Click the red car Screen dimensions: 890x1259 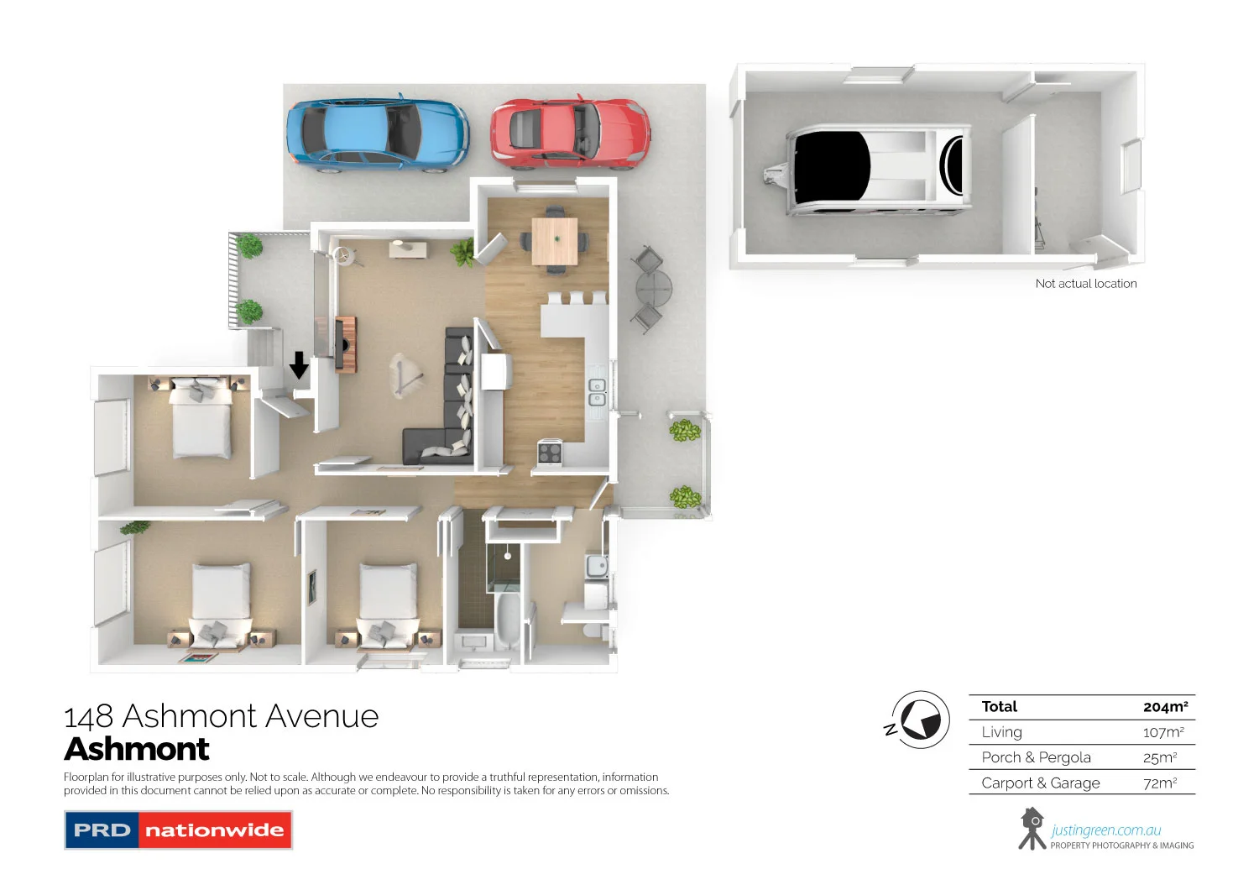[x=570, y=131]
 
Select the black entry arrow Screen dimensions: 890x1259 [x=299, y=365]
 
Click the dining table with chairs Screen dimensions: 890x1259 [x=555, y=241]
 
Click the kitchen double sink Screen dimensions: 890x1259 [x=597, y=392]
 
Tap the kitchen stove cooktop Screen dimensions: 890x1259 [x=550, y=453]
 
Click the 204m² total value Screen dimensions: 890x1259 [x=1165, y=707]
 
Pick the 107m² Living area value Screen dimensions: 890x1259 [x=1163, y=732]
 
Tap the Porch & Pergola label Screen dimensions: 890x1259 [x=1036, y=757]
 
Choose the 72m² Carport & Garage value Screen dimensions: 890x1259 [x=1160, y=783]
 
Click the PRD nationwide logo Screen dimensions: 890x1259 [x=178, y=830]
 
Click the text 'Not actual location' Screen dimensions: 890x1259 [x=1085, y=284]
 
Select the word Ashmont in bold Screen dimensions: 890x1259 [x=137, y=749]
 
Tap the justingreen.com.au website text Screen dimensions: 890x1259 [x=1105, y=830]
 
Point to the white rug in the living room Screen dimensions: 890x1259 [x=407, y=374]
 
